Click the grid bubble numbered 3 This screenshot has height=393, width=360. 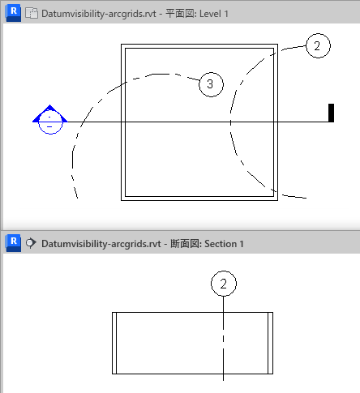[211, 84]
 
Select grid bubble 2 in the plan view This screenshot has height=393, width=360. [318, 45]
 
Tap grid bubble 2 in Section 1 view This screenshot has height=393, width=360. [224, 284]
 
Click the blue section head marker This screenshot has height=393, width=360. [50, 119]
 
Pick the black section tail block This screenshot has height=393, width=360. [331, 113]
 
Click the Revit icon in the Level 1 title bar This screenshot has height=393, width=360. [13, 13]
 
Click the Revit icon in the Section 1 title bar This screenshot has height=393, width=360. [13, 243]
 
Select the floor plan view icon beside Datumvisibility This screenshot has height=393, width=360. [32, 13]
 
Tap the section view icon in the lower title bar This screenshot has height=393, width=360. [31, 243]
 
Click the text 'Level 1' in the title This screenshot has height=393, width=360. [214, 14]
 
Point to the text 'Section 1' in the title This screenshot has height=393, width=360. [224, 244]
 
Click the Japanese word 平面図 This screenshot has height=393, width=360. [180, 14]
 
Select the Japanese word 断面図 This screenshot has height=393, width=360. [185, 244]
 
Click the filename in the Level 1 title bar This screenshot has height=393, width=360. [99, 14]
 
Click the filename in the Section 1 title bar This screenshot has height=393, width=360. [101, 244]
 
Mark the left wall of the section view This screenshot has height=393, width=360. [114, 343]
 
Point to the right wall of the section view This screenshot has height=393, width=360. [270, 343]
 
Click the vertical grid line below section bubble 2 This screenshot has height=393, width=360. [223, 339]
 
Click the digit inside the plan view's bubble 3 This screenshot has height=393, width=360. [210, 84]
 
